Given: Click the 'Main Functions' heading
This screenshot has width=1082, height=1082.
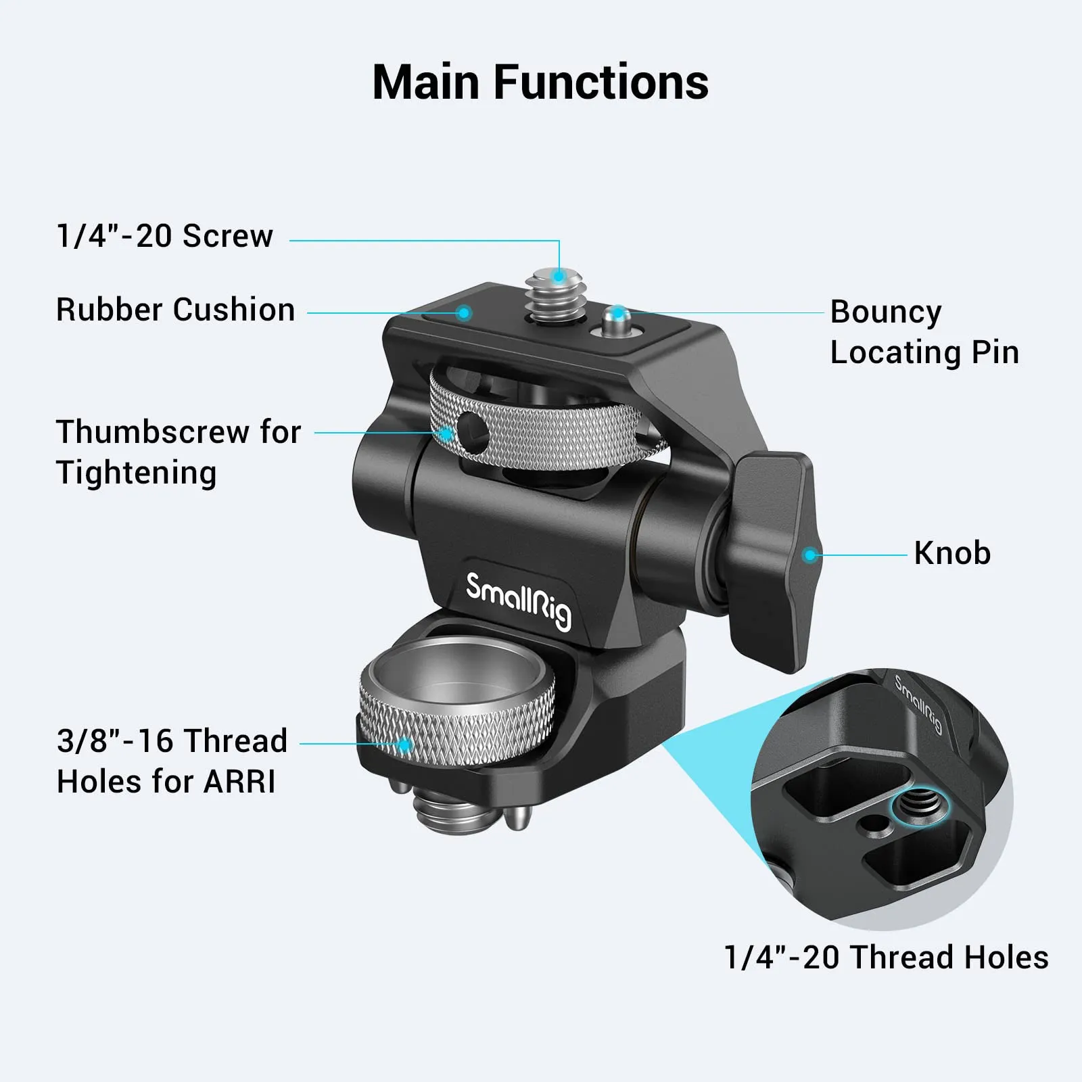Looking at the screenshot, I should tap(540, 83).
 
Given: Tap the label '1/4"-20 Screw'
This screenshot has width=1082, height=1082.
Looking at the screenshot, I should tap(164, 236).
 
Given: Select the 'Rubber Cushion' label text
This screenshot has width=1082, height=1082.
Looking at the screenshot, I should tap(175, 310).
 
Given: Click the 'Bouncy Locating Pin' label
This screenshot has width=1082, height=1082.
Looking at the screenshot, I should tap(924, 332).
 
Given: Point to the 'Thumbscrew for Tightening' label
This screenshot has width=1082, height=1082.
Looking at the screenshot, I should tap(178, 452).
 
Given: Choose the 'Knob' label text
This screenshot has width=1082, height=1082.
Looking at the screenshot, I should tap(951, 553).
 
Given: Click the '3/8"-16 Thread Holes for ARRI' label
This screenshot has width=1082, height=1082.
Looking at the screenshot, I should tap(172, 761).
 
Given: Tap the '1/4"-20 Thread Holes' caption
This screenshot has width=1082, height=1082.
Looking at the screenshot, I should tap(885, 958).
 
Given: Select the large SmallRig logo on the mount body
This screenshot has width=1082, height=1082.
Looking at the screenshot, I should tap(519, 598).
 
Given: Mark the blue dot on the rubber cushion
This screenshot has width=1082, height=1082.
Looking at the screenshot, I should tap(463, 312).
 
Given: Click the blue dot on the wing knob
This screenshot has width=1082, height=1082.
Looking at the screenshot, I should tap(809, 556).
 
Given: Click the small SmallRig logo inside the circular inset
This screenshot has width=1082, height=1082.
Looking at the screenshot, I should tap(918, 704).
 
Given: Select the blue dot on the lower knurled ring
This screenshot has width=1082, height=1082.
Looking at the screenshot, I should tap(404, 745).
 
